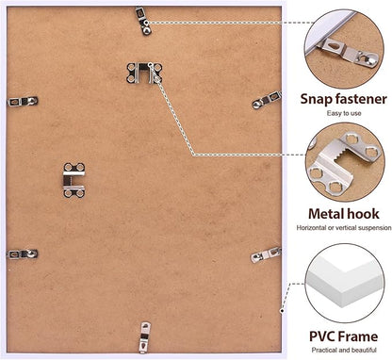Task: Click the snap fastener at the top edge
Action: (143, 21)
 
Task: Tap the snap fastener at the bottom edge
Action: (144, 337)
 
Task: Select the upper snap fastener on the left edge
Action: (23, 101)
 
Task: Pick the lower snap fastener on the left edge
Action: (23, 254)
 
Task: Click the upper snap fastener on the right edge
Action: (267, 100)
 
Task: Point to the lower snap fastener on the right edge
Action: (266, 254)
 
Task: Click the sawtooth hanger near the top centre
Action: (144, 74)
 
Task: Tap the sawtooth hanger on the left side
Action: (74, 180)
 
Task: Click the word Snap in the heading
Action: (317, 100)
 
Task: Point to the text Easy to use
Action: (344, 113)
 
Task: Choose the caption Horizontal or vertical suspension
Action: (344, 228)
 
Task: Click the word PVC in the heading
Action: (323, 336)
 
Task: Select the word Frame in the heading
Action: (359, 336)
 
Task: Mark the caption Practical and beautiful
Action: (344, 350)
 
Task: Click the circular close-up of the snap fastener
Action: (344, 48)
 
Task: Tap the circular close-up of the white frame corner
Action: (345, 283)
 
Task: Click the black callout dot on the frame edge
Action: (282, 311)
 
